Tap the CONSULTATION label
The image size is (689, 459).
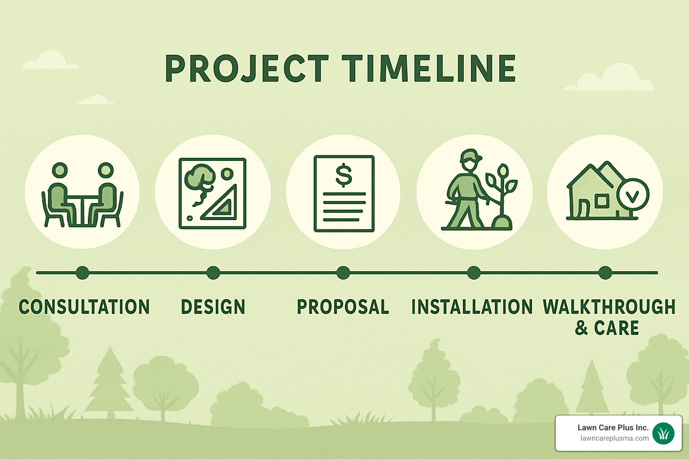(x=84, y=307)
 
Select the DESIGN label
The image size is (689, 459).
(x=213, y=307)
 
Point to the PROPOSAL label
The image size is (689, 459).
(x=343, y=307)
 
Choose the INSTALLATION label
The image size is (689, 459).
(x=472, y=307)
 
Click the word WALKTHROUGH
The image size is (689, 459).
(x=609, y=307)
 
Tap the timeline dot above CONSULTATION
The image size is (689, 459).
(x=83, y=273)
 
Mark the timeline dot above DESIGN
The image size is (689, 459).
(x=213, y=273)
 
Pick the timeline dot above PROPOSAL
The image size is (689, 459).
(x=343, y=273)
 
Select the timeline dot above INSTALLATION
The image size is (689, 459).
(x=474, y=273)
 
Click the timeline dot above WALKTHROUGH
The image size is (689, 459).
(x=605, y=273)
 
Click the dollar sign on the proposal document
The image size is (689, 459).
(x=344, y=175)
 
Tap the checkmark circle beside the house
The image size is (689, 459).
(x=632, y=195)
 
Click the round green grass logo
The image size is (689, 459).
(x=663, y=433)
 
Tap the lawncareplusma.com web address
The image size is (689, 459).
(x=614, y=438)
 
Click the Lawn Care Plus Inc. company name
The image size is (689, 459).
(x=613, y=428)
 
